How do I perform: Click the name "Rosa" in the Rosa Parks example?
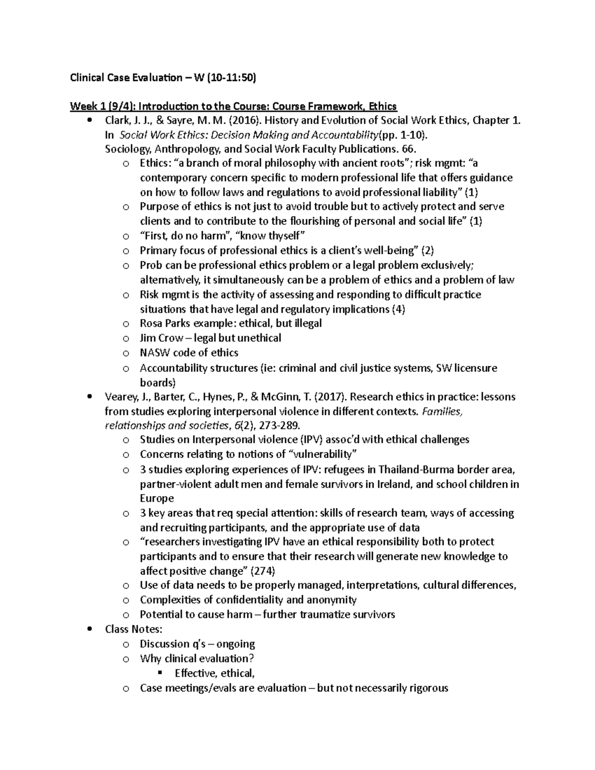[x=151, y=323]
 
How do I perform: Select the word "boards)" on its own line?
[x=158, y=382]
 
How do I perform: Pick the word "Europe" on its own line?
[x=157, y=498]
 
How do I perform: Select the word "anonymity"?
[x=331, y=600]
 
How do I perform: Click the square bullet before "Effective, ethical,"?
[x=160, y=673]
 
